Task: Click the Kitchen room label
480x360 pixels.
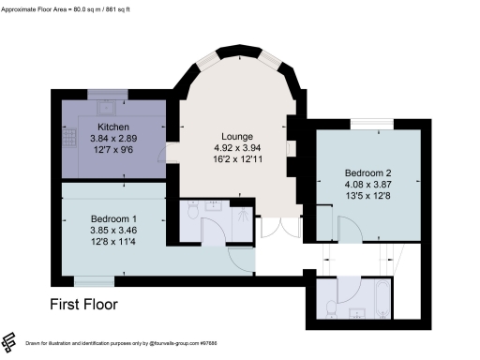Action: click(112, 127)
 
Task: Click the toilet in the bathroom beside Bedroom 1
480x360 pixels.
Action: click(191, 213)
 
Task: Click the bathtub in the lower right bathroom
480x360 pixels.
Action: click(382, 299)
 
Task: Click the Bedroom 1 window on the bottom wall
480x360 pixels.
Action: click(95, 278)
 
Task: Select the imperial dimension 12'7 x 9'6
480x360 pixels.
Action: click(112, 149)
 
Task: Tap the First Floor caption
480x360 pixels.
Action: click(83, 304)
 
